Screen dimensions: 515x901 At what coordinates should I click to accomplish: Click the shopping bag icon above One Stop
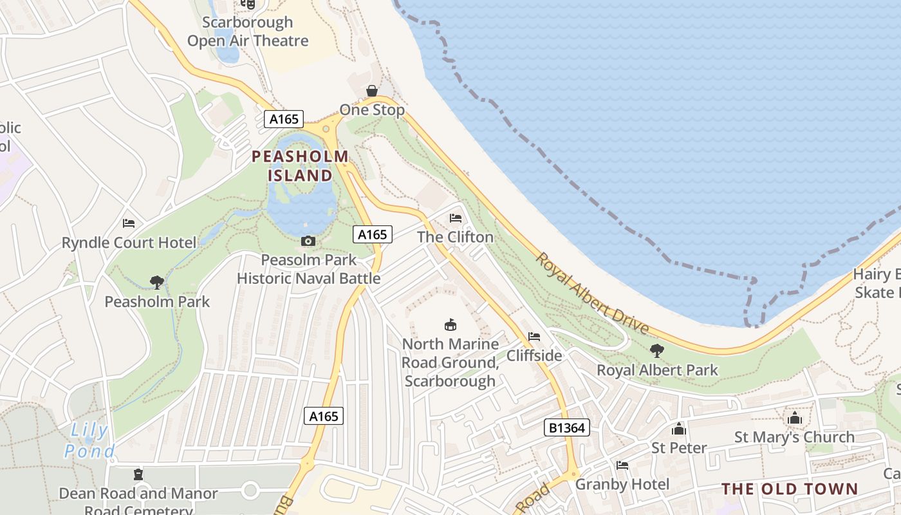click(371, 91)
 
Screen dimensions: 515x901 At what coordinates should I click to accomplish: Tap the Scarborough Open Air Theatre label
click(248, 32)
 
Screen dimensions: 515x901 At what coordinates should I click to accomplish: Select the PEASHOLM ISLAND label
click(300, 165)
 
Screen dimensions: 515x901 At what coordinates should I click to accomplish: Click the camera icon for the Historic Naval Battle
click(308, 241)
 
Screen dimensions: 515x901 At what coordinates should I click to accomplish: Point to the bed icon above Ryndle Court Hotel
click(129, 223)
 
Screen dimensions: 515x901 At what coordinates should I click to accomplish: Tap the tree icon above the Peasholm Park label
click(156, 281)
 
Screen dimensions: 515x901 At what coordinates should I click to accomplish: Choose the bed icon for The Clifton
click(456, 218)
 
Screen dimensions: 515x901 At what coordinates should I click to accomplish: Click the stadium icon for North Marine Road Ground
click(450, 324)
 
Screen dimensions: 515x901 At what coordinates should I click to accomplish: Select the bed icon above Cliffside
click(534, 336)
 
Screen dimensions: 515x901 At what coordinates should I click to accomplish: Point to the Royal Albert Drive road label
click(592, 293)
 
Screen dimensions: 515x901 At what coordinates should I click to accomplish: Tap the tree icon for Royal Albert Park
click(656, 351)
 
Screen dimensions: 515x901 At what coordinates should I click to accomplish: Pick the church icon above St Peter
click(679, 429)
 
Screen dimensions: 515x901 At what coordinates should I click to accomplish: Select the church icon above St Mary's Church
click(794, 418)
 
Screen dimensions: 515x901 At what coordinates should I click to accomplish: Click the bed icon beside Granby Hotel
click(622, 465)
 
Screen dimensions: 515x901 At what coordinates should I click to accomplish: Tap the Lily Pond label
click(89, 440)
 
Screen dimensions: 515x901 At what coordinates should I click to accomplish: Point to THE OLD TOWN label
click(790, 489)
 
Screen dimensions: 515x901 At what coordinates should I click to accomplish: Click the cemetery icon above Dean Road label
click(138, 474)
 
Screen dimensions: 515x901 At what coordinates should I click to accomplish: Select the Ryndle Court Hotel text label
click(129, 243)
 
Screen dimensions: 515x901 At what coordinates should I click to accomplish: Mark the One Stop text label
click(372, 110)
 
